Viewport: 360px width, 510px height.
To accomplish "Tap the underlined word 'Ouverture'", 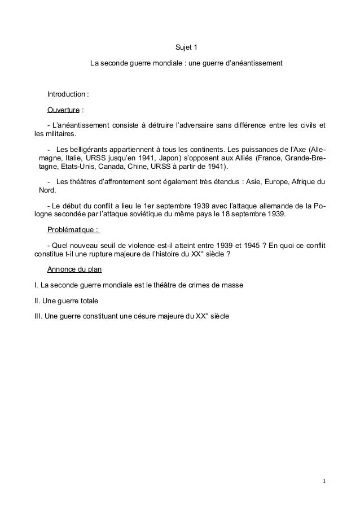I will click(x=63, y=109).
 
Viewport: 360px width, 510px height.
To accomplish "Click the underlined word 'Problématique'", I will click(x=71, y=229).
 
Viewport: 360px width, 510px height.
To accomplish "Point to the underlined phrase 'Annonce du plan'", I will click(x=74, y=269).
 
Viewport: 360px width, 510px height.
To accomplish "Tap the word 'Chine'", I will click(x=141, y=168).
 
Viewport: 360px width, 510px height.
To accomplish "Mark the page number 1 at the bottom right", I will click(x=325, y=481).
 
